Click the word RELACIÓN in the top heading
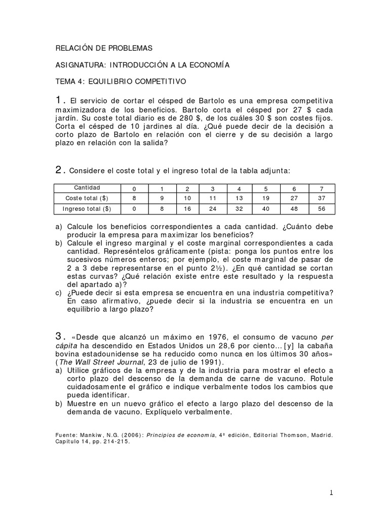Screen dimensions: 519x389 pos(74,48)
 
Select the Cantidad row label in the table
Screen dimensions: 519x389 pos(87,188)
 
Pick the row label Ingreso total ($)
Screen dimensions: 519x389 pos(87,208)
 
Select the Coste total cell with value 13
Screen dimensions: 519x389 pos(239,198)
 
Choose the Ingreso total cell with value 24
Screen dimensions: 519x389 pos(213,208)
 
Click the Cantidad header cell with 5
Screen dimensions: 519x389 pos(266,188)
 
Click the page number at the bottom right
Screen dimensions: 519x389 pos(331,492)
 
